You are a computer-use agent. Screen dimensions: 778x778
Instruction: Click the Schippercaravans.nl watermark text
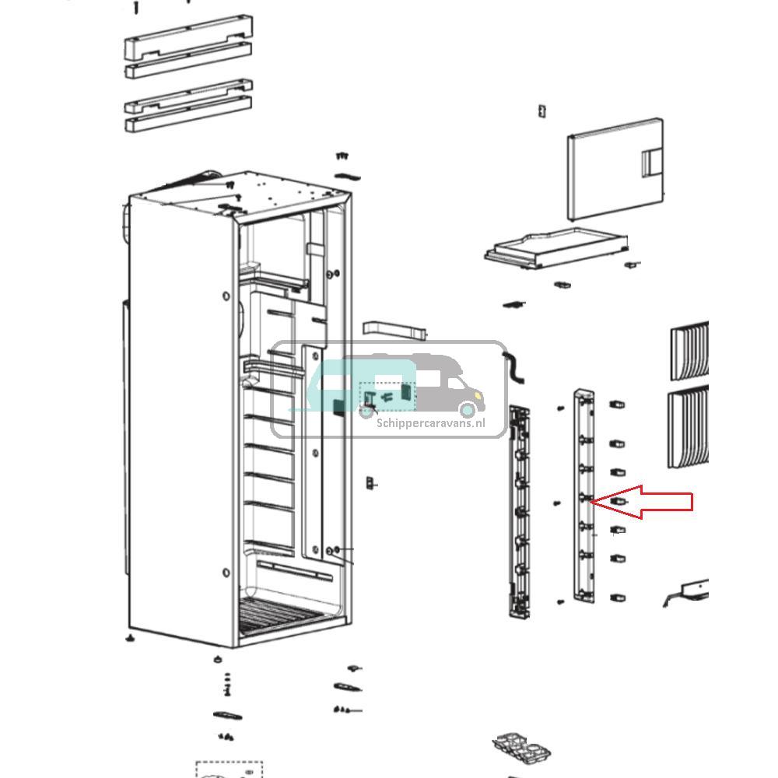[x=430, y=423]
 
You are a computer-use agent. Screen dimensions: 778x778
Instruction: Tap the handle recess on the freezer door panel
[x=650, y=163]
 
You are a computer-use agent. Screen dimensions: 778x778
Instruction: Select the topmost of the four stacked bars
[x=187, y=36]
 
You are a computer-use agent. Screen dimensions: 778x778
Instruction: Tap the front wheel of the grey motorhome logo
[x=467, y=409]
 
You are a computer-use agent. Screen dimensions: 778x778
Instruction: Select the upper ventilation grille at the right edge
[x=690, y=350]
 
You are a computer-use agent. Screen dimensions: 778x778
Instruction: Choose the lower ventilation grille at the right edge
[x=689, y=428]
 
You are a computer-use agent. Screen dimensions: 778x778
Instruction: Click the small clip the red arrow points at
[x=619, y=502]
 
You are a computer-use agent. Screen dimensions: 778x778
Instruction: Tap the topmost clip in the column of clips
[x=618, y=405]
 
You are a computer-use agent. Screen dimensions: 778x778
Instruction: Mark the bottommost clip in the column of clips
[x=618, y=598]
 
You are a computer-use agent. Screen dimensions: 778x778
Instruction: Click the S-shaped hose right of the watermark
[x=514, y=367]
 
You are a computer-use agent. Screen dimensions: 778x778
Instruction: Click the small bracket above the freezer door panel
[x=541, y=111]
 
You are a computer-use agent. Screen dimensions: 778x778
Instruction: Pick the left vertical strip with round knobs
[x=519, y=510]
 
